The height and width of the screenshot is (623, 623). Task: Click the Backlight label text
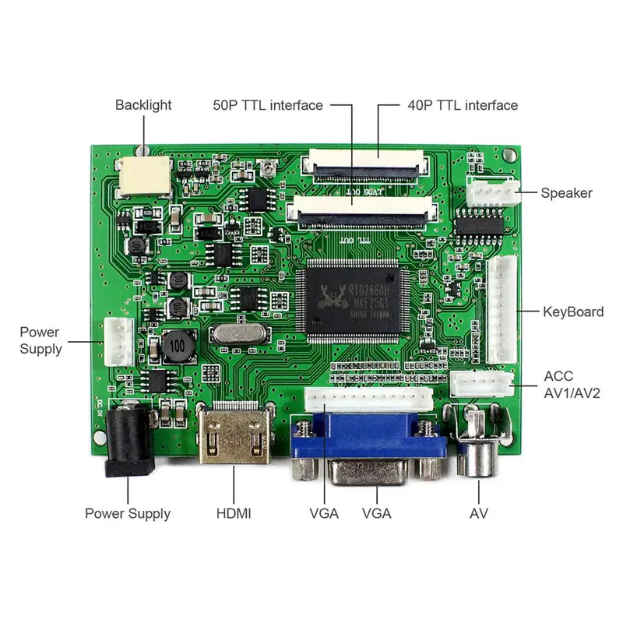coord(143,104)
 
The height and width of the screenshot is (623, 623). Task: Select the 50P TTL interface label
coord(268,105)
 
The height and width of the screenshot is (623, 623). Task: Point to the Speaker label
coord(566,193)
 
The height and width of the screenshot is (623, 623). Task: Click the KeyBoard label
coord(572,311)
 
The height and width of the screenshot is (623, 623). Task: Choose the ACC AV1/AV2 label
coord(569,383)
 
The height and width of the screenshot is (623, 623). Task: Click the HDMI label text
coord(234,513)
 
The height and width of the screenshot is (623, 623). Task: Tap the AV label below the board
coord(479,513)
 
